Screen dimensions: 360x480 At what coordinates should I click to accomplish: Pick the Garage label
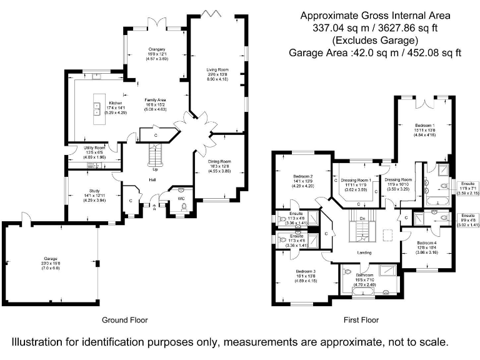coord(51,258)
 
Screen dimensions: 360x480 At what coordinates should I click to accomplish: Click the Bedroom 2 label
coord(302,177)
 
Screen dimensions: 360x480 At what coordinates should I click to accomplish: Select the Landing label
coord(364,252)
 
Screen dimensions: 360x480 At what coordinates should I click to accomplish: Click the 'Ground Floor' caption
coord(126,320)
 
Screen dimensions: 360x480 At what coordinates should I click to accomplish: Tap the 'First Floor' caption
coord(361,320)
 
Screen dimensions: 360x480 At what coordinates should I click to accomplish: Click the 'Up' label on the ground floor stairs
coord(155,169)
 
